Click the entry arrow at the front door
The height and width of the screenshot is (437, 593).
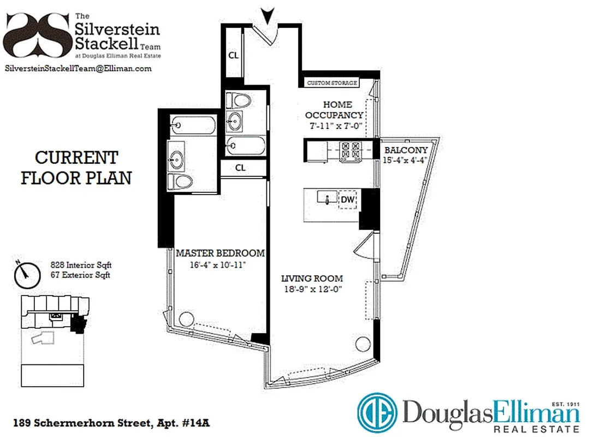coord(266,15)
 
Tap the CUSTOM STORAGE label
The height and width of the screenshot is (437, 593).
coord(332,83)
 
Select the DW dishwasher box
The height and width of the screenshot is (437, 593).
coord(347,200)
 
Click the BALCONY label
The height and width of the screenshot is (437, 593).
coord(406,150)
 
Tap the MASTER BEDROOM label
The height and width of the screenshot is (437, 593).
coord(220,253)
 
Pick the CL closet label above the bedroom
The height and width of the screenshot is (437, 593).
coord(240,168)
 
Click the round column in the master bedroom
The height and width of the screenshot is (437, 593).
coord(186,318)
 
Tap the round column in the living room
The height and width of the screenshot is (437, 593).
coord(361,344)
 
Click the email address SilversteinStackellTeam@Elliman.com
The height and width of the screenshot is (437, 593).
coord(78,68)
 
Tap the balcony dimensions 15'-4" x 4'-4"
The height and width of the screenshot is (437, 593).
coord(406,161)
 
